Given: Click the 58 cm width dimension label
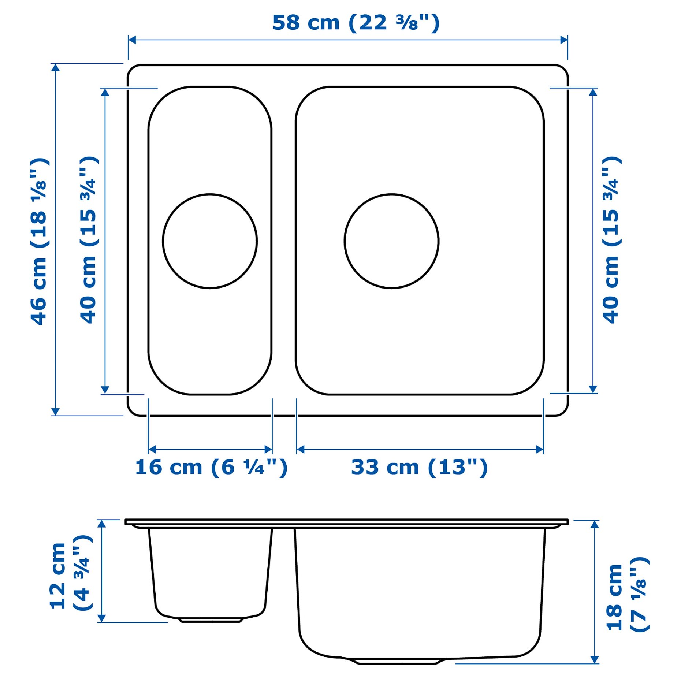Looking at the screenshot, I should point(356,23).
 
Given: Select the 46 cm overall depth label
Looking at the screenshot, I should point(40,242).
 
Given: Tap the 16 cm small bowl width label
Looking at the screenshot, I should point(211,468).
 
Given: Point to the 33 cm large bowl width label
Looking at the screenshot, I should point(419,468).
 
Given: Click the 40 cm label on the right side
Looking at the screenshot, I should point(611,240).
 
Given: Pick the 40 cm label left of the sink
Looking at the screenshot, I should point(89,240).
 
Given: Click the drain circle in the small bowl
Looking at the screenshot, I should point(210,241).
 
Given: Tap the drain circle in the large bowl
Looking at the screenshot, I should point(391,241).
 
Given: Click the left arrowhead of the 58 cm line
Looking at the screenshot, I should point(132,40).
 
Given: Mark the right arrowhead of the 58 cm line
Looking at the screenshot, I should point(564,40).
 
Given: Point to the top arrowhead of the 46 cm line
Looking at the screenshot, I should point(55,67).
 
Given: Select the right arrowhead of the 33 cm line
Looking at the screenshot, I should point(540,449).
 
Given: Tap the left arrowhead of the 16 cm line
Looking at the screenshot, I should point(152,449).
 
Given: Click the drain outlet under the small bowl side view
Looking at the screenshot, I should point(211,620).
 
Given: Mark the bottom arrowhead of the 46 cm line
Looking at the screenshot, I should point(55,412).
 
